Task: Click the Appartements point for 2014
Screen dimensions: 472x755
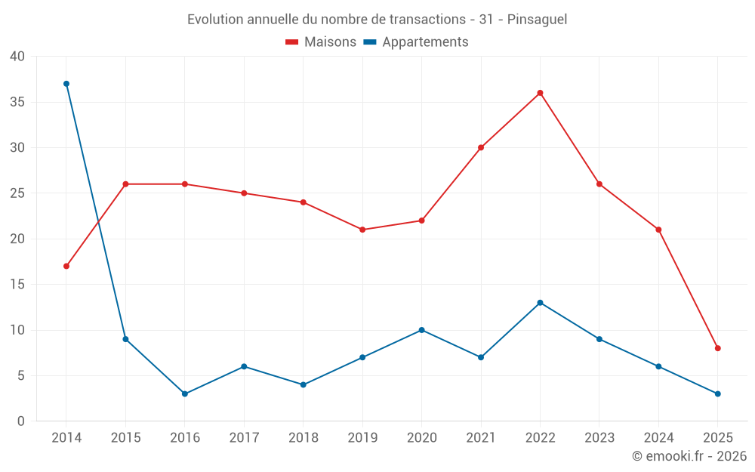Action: (x=66, y=84)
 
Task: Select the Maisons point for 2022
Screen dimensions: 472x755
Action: (x=540, y=93)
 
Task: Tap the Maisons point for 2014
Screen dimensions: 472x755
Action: (x=66, y=266)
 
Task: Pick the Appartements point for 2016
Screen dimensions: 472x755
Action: (x=185, y=393)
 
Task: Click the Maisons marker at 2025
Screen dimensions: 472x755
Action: (x=717, y=348)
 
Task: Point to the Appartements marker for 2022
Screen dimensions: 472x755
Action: (x=540, y=303)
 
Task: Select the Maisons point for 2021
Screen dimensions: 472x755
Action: (x=481, y=147)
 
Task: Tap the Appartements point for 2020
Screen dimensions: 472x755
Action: (x=421, y=330)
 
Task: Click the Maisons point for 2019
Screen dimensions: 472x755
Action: (x=362, y=230)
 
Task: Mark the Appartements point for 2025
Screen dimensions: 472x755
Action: (x=717, y=393)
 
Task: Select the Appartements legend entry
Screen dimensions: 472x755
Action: (x=424, y=42)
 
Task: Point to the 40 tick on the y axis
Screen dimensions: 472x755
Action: (x=17, y=57)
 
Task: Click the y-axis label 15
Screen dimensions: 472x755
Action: (x=17, y=285)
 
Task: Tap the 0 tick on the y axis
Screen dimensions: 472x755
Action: (x=21, y=421)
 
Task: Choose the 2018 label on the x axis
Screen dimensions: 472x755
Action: (x=303, y=438)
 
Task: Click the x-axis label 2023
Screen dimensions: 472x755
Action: (x=599, y=438)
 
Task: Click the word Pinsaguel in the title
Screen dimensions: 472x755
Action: (x=537, y=20)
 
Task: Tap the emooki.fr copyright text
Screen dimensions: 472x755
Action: (x=689, y=456)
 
